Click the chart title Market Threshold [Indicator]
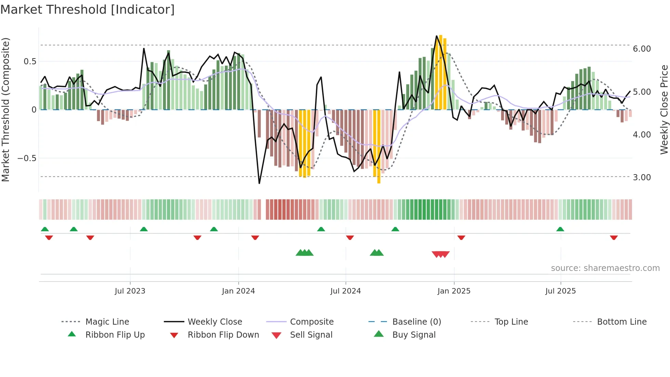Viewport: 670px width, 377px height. tap(88, 10)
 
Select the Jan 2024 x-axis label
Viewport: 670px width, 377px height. tap(238, 291)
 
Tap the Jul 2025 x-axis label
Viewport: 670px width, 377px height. tap(560, 291)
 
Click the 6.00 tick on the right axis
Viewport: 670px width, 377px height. tap(642, 49)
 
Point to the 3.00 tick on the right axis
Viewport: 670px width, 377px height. tap(642, 178)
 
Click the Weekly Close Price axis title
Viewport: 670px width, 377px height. tap(664, 109)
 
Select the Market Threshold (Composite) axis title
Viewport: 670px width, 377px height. tap(5, 109)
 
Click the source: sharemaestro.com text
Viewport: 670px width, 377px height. tap(605, 268)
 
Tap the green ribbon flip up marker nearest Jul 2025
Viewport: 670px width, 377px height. tap(560, 229)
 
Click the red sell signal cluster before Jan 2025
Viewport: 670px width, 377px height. tap(441, 254)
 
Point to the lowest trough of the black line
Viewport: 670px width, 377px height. tap(259, 183)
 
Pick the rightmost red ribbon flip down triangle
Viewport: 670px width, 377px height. tap(614, 237)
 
